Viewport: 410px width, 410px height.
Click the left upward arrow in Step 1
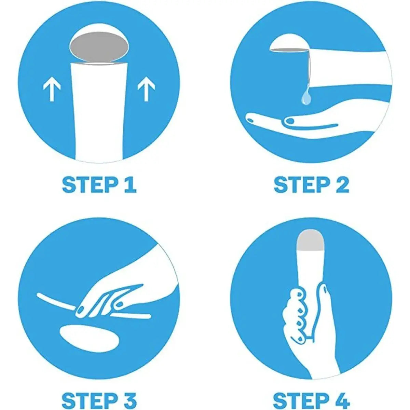pos(52,92)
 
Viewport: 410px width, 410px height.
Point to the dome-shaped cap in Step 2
pos(289,43)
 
